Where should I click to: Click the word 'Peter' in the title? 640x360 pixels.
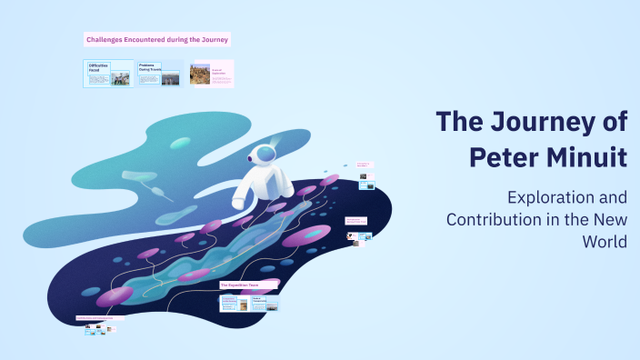pos(505,156)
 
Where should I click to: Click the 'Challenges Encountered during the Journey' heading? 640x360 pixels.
pos(157,39)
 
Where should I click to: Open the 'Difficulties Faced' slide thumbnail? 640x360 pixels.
pos(108,74)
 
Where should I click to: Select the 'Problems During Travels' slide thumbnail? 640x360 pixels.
pos(158,74)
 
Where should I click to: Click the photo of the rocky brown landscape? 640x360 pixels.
pos(200,74)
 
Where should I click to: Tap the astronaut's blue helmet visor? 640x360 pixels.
pos(265,154)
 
